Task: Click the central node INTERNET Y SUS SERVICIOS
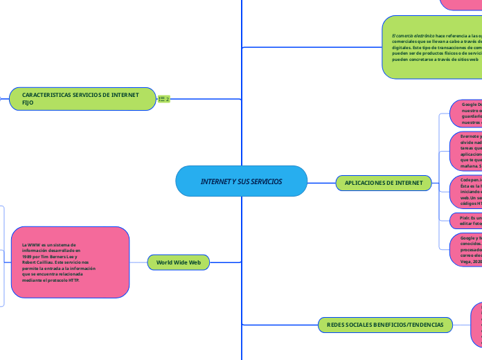(241, 181)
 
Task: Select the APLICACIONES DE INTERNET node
(384, 183)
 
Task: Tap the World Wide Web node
(178, 262)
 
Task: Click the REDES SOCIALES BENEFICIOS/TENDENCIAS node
(385, 324)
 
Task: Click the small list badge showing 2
(164, 99)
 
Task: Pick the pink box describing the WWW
(70, 262)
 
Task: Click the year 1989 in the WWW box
(29, 256)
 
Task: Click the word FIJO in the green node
(28, 102)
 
